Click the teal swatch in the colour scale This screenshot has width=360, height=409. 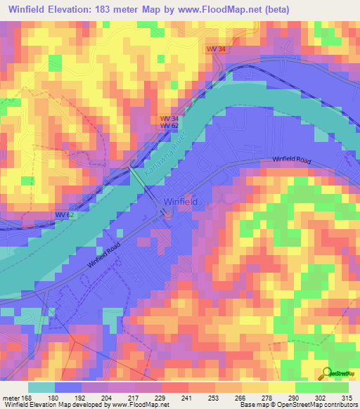(41, 387)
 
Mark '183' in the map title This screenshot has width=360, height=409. (113, 8)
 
